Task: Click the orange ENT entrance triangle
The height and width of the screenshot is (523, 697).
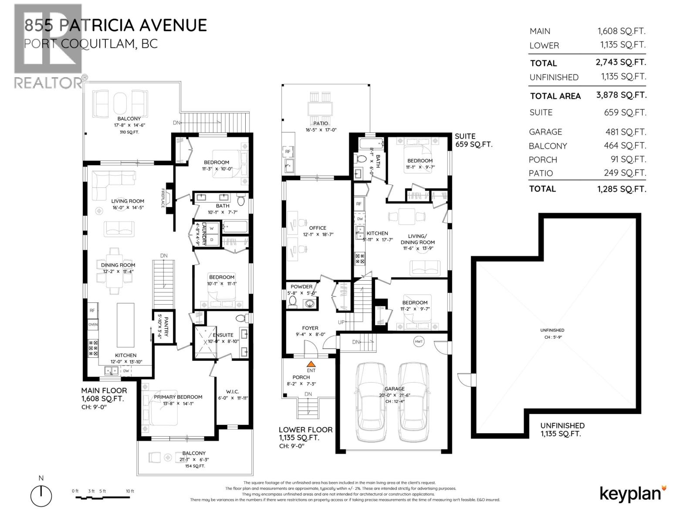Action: click(311, 363)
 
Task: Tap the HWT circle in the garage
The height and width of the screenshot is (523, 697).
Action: click(419, 342)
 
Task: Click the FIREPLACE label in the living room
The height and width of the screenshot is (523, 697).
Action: click(163, 198)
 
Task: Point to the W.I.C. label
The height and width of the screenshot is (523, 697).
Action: click(232, 391)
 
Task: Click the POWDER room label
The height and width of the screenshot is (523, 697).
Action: click(301, 286)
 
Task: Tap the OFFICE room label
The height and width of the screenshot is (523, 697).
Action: click(318, 228)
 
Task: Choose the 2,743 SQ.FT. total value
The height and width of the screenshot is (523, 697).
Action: click(621, 62)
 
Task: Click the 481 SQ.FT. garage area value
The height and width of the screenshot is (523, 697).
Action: click(624, 132)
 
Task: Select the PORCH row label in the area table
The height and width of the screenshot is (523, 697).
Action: click(543, 160)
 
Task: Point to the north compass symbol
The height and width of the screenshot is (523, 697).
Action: click(41, 495)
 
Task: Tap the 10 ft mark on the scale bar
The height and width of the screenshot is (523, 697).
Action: click(130, 491)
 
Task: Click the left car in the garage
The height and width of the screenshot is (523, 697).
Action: click(371, 401)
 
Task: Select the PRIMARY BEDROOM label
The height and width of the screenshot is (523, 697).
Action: click(178, 397)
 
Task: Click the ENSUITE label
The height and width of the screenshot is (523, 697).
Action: click(223, 335)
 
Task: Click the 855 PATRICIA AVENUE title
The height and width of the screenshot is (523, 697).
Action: click(115, 25)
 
